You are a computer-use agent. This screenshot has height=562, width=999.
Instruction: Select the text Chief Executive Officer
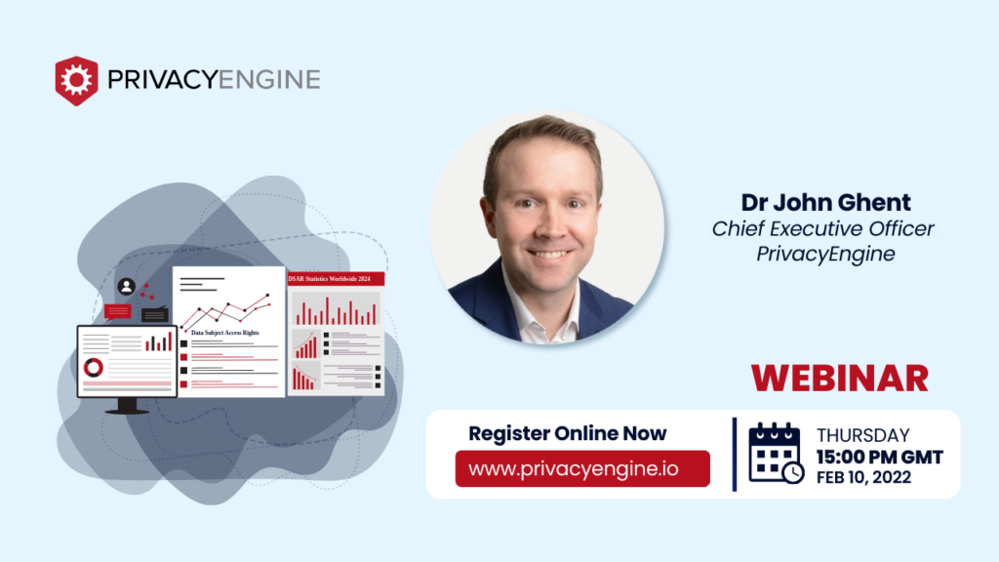point(822,228)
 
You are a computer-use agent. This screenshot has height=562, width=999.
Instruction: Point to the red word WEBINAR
point(839,378)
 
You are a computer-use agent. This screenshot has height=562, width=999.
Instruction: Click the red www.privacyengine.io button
point(582,468)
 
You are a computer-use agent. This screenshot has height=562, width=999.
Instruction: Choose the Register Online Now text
point(568,433)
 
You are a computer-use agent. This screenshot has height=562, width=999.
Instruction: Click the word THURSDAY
point(863,436)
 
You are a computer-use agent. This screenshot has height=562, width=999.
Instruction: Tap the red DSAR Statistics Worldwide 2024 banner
point(336,279)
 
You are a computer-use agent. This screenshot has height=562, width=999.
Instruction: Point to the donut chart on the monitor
point(94,368)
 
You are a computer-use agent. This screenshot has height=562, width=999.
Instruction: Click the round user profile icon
point(126,287)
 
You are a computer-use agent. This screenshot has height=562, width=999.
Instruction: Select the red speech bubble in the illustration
point(117,310)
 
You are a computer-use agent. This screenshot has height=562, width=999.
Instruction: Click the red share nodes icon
point(148,290)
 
